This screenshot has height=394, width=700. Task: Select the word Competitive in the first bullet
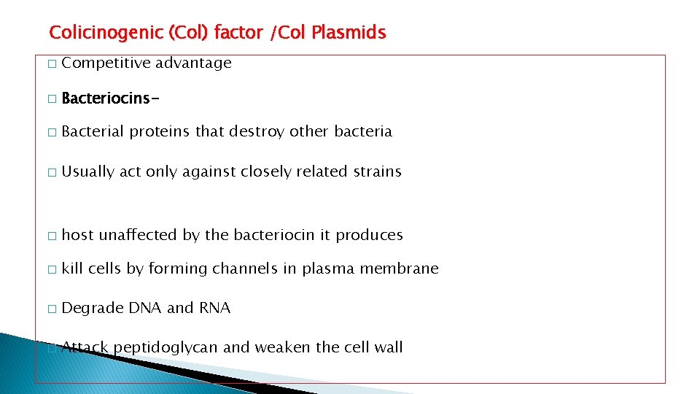(106, 63)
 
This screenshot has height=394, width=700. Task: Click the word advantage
(193, 63)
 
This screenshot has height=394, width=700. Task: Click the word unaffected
(139, 235)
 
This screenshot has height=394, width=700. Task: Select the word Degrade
(93, 309)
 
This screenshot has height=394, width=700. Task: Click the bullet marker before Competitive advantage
(50, 64)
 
